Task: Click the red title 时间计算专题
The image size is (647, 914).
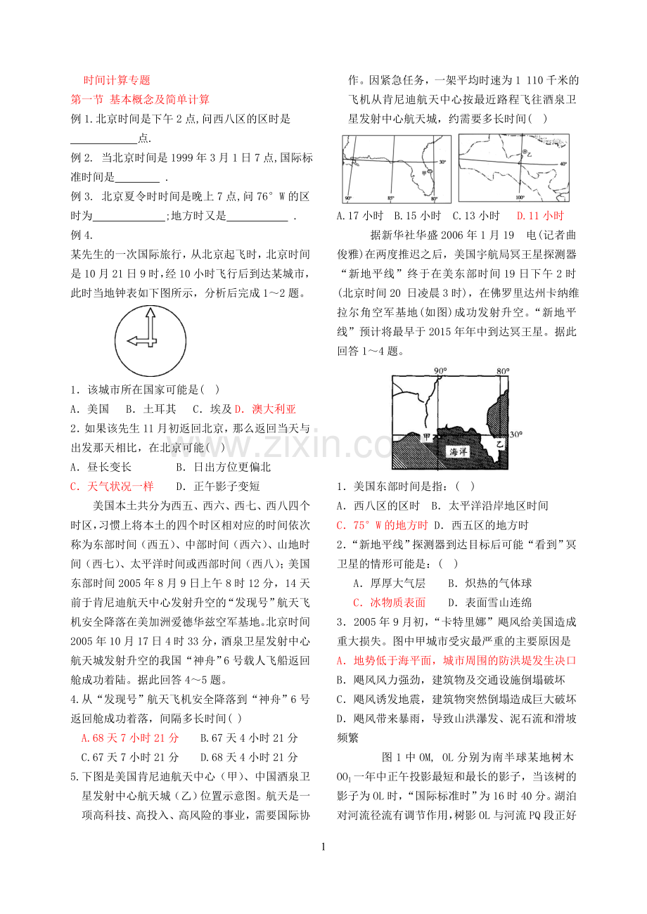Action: coord(117,80)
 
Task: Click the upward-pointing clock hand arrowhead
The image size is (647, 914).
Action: coord(150,313)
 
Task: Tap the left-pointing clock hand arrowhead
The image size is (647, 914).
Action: coord(133,341)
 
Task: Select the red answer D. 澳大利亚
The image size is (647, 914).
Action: coord(265,409)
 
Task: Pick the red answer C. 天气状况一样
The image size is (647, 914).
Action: coord(112,487)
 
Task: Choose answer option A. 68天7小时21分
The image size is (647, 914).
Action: coord(130,738)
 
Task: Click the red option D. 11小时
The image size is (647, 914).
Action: coord(540,215)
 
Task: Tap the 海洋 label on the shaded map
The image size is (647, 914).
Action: coord(459,451)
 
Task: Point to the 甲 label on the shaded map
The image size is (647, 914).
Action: coord(426,437)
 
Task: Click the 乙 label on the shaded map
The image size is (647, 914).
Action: coord(500,444)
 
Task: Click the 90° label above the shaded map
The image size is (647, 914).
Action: coord(440,371)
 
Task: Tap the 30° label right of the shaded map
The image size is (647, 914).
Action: coord(516,435)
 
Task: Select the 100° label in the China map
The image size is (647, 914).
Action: coord(520,198)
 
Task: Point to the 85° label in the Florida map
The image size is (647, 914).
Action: coord(390,198)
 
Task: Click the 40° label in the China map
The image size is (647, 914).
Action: coord(563,164)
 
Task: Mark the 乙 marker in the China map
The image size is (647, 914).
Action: coord(527,154)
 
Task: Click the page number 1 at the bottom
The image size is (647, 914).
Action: coord(323,847)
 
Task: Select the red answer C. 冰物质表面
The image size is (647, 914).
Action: coord(390,603)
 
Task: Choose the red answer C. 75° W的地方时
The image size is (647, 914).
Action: coord(382,525)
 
